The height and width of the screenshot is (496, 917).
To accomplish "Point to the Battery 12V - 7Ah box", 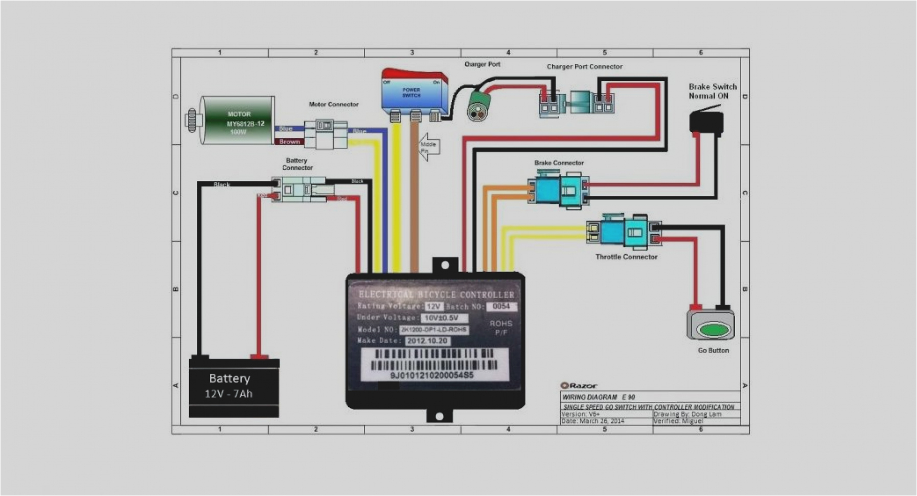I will [234, 387].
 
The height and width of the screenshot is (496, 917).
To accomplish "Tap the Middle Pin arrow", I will [428, 147].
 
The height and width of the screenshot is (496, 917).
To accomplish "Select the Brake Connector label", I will [559, 163].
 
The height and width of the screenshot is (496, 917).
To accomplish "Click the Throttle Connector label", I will [626, 257].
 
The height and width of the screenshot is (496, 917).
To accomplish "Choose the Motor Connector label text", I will [333, 104].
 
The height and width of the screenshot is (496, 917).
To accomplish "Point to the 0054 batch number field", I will [501, 306].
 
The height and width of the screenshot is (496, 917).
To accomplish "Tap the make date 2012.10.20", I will [427, 341].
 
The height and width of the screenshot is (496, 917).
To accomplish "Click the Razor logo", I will [579, 386].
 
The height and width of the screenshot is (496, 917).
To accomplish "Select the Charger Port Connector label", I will [584, 66].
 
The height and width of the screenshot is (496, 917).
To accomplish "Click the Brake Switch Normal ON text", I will [713, 91].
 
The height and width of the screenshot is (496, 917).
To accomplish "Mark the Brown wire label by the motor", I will [289, 142].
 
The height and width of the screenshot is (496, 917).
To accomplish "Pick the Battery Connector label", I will [297, 164].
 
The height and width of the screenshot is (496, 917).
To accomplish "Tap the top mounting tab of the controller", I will [445, 265].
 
